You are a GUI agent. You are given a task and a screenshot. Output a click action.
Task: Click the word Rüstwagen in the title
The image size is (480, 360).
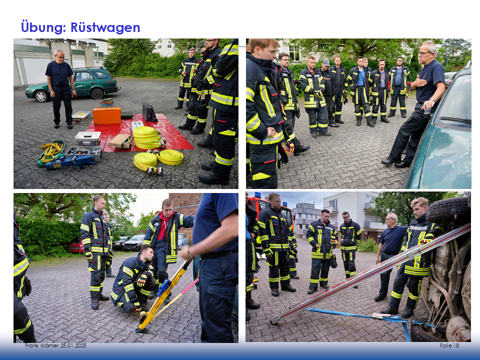click(105, 27)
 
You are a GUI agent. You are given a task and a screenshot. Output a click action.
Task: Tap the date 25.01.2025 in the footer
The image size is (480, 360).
click(73, 345)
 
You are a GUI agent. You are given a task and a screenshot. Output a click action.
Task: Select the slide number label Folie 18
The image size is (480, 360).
click(449, 345)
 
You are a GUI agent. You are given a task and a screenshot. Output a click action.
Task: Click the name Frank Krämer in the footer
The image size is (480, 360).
click(42, 345)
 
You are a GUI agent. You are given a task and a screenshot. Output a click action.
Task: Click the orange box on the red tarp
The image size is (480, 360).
click(107, 115)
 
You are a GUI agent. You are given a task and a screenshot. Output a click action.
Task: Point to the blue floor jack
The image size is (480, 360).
click(70, 161)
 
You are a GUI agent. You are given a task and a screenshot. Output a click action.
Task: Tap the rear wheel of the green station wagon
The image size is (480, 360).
click(96, 93)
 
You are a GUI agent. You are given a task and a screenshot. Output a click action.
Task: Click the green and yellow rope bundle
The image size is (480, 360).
click(51, 152)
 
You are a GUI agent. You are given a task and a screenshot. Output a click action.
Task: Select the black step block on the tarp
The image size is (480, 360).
click(149, 112)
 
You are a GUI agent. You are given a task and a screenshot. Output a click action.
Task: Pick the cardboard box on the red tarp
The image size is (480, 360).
click(120, 141)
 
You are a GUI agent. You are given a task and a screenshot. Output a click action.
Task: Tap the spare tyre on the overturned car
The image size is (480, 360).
click(447, 209)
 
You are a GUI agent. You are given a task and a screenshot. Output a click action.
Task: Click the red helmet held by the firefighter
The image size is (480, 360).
click(288, 147)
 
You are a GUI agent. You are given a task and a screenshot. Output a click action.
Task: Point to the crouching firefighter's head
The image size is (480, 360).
click(146, 252)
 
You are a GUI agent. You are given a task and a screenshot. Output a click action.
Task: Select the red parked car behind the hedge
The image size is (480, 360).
click(75, 246)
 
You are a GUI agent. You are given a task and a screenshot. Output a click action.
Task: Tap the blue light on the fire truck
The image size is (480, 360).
click(258, 195)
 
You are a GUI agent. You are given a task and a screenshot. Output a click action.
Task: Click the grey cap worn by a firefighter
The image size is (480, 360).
click(326, 62)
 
